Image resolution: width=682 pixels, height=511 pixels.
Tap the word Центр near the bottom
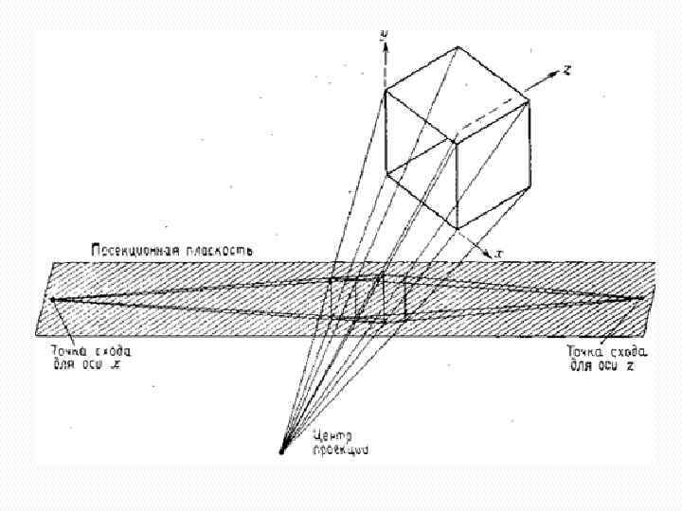pos(332,436)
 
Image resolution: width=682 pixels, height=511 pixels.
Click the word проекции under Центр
pos(339,450)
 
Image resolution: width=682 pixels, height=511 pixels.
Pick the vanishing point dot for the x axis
pos(53,301)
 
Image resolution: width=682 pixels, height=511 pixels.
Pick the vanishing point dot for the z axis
pos(643,298)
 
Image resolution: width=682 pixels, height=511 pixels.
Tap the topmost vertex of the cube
pos(458,48)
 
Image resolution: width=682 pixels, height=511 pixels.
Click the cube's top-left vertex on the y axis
pos(386,93)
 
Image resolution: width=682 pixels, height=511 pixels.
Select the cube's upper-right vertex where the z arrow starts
pos(528,93)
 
